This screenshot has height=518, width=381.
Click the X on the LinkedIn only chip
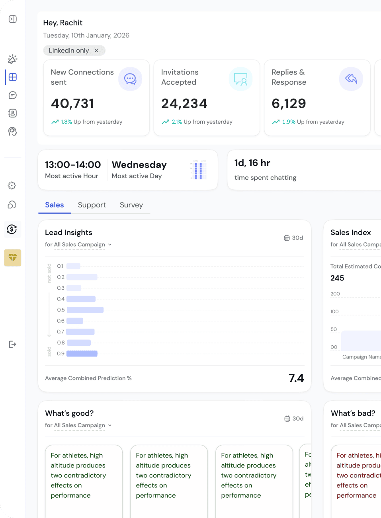coord(96,51)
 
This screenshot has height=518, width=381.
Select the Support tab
coord(92,205)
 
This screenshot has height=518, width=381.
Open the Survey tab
coord(131,205)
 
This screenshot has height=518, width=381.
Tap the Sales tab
coord(55,205)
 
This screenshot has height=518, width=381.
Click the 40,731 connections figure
coord(72,103)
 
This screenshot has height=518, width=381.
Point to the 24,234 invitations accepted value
coord(184,103)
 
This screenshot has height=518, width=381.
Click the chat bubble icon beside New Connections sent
coord(130,79)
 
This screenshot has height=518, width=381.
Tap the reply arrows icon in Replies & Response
coord(351,79)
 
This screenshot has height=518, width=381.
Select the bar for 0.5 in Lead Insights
coord(85,310)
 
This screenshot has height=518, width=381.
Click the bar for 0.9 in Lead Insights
coord(82,354)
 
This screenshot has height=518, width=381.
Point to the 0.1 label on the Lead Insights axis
coord(60,266)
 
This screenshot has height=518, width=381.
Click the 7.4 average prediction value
coord(296,378)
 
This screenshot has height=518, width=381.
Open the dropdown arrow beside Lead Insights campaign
coord(110,245)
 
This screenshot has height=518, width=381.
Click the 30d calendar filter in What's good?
coord(294,419)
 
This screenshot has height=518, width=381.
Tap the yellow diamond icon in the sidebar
coord(13,258)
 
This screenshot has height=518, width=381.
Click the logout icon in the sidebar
coord(13,344)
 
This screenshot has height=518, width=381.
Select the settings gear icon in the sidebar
coord(12,185)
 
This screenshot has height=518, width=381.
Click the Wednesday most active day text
coord(139,165)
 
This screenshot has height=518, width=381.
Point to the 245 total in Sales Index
coord(337,278)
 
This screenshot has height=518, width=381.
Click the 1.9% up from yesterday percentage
coord(289,122)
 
